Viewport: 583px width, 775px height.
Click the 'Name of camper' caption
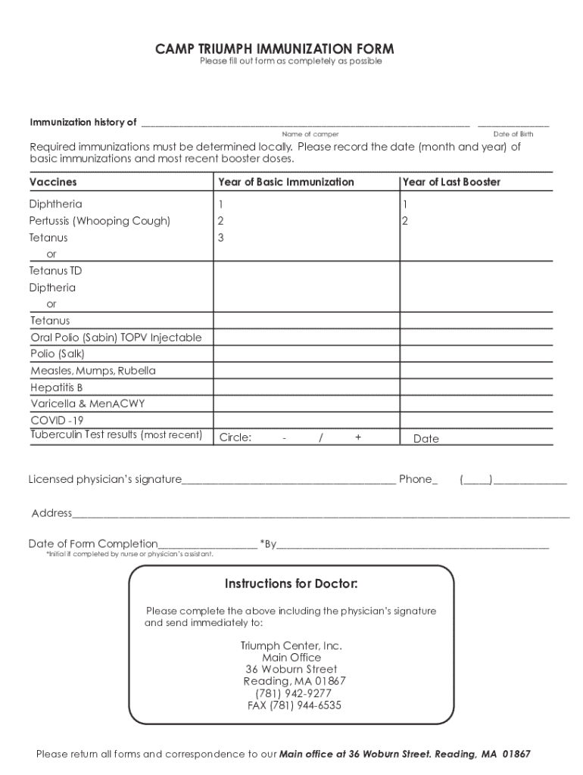click(x=310, y=134)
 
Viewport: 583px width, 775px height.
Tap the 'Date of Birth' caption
click(x=513, y=134)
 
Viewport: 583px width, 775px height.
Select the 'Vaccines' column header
click(x=53, y=182)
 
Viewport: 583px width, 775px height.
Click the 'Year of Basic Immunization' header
click(x=285, y=182)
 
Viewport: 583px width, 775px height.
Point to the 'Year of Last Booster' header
click(x=451, y=182)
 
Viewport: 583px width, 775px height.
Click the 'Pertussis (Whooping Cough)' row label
click(x=100, y=221)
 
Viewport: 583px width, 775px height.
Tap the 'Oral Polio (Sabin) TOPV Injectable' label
click(x=116, y=338)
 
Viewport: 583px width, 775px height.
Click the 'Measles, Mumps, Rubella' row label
click(x=93, y=371)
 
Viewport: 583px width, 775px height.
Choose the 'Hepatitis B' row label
click(x=57, y=387)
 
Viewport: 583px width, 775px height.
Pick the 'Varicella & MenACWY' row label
click(x=87, y=404)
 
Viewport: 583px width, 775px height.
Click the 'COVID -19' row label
click(x=57, y=420)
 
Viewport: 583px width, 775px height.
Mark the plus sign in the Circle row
click(x=357, y=437)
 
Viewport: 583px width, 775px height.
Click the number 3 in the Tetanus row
click(x=220, y=238)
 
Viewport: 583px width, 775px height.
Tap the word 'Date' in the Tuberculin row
click(x=426, y=439)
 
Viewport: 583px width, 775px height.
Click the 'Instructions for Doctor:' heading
click(x=291, y=584)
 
